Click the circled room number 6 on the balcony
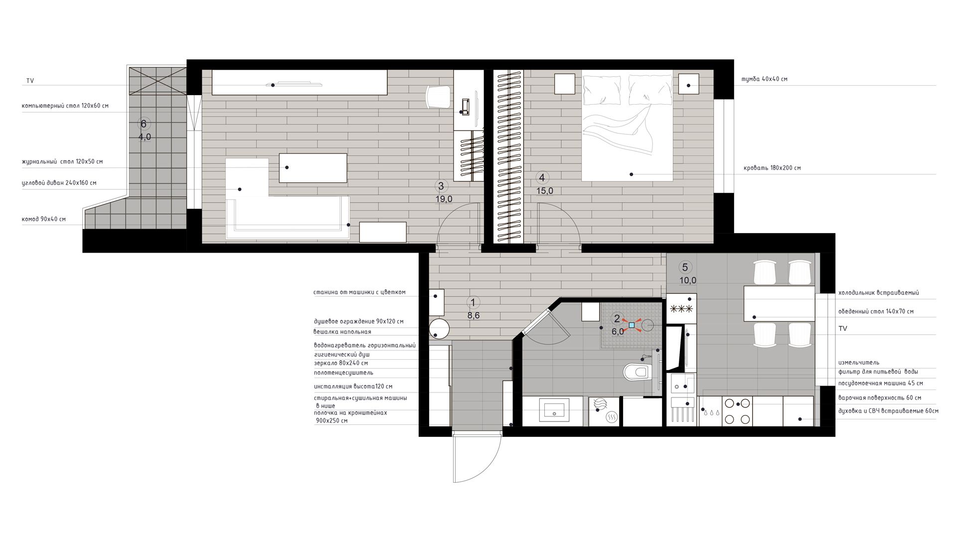click(144, 124)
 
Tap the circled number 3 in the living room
click(441, 186)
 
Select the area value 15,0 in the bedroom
click(545, 191)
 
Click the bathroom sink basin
click(554, 410)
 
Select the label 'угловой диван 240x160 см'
click(59, 183)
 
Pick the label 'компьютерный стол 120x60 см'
click(65, 106)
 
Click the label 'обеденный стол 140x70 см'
click(876, 311)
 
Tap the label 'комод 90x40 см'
click(44, 219)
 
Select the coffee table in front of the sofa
click(313, 168)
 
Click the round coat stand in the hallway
click(440, 329)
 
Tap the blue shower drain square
click(632, 325)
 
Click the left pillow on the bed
click(602, 90)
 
